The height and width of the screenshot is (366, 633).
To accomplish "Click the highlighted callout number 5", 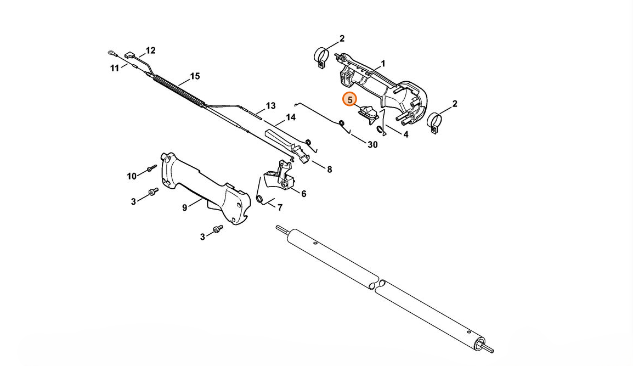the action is pyautogui.click(x=349, y=99).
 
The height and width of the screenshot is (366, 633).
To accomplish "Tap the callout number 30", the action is pyautogui.click(x=372, y=145).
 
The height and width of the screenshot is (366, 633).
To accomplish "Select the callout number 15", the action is pyautogui.click(x=195, y=76).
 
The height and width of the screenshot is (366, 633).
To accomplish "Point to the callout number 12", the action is pyautogui.click(x=151, y=50).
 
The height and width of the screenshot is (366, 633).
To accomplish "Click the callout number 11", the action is pyautogui.click(x=115, y=68).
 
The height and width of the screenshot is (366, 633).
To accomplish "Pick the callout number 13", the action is pyautogui.click(x=270, y=106).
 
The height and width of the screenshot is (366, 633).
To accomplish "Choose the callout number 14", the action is pyautogui.click(x=291, y=117).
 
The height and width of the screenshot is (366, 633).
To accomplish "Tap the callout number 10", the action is pyautogui.click(x=132, y=176).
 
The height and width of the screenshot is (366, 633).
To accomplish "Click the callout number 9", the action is pyautogui.click(x=184, y=207).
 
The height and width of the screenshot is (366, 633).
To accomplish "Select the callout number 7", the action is pyautogui.click(x=280, y=207).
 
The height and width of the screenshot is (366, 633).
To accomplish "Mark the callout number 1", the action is pyautogui.click(x=383, y=64).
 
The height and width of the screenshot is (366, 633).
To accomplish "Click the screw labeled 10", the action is pyautogui.click(x=151, y=168).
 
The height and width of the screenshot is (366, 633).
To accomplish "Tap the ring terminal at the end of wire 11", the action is pyautogui.click(x=111, y=53).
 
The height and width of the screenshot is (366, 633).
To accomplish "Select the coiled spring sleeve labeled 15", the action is pyautogui.click(x=178, y=89).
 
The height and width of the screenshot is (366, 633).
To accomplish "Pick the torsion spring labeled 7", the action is pyautogui.click(x=260, y=192).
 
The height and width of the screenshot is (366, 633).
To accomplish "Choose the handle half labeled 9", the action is pyautogui.click(x=205, y=188).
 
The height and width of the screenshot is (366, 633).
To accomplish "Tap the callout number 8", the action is pyautogui.click(x=330, y=170).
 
